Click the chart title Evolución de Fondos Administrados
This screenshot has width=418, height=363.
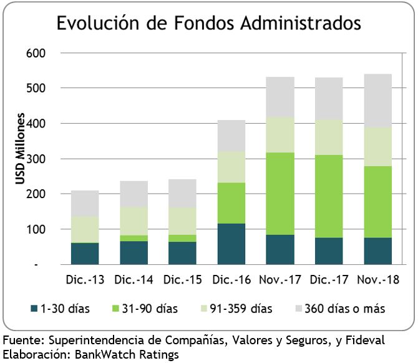[x=208, y=24]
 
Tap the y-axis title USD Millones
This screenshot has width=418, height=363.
[x=21, y=149]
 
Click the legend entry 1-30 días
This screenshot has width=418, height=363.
[x=63, y=309]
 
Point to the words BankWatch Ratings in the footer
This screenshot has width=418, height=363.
[x=126, y=354]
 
